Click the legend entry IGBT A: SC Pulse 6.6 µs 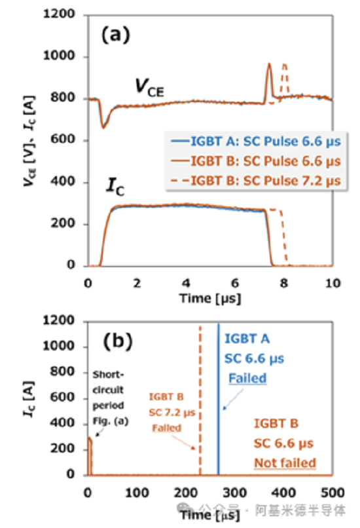(256, 141)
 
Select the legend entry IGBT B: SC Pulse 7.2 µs (256, 181)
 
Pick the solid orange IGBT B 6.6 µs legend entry (256, 161)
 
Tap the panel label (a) (115, 34)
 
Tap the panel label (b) (117, 341)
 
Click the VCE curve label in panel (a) (149, 88)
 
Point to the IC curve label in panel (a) (115, 187)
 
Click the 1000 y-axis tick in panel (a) (59, 56)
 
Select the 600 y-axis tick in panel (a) (63, 139)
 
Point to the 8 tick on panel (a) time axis (284, 283)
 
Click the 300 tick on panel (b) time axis (234, 493)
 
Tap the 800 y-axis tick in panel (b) (62, 371)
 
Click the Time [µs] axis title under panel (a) (210, 298)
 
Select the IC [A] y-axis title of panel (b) (29, 399)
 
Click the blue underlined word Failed (247, 378)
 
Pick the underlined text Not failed (285, 463)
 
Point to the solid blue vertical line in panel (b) (219, 399)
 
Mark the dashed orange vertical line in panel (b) (200, 400)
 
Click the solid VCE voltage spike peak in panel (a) (269, 64)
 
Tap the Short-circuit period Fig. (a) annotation (111, 398)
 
